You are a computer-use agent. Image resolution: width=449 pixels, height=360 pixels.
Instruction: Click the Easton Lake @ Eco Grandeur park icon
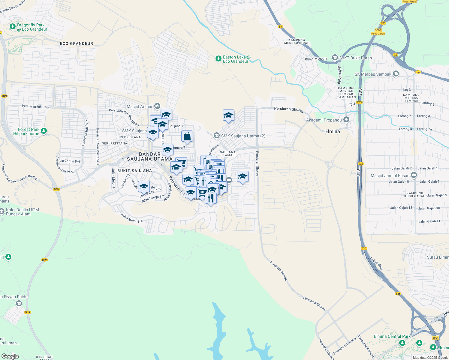pyautogui.click(x=218, y=59)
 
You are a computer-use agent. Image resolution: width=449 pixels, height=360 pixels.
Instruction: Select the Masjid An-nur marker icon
pyautogui.click(x=157, y=106)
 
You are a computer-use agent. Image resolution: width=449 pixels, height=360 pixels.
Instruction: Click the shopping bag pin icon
pyautogui.click(x=187, y=136)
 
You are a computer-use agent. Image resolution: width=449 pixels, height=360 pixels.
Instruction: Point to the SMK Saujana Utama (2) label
pyautogui.click(x=243, y=136)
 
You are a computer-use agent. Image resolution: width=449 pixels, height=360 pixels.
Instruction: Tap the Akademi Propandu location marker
pyautogui.click(x=346, y=120)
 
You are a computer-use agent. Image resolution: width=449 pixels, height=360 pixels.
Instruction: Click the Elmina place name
pyautogui.click(x=333, y=131)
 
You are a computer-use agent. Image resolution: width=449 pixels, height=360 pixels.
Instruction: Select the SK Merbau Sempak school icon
pyautogui.click(x=396, y=74)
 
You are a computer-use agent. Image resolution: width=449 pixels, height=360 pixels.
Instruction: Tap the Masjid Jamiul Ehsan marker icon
pyautogui.click(x=414, y=175)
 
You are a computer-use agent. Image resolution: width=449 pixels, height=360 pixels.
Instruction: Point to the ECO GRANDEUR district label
pyautogui.click(x=77, y=43)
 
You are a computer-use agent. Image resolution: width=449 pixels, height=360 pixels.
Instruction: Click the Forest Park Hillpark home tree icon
pyautogui.click(x=44, y=131)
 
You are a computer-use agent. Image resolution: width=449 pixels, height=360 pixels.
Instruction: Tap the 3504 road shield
pyautogui.click(x=435, y=338)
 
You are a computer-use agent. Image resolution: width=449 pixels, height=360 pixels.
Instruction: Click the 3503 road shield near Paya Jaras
pyautogui.click(x=378, y=30)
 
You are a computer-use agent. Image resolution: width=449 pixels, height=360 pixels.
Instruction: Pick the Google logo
pyautogui.click(x=10, y=356)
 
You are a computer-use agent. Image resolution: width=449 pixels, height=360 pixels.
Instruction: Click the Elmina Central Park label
pyautogui.click(x=392, y=337)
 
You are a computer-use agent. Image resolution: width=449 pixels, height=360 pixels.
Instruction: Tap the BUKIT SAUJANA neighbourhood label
pyautogui.click(x=134, y=171)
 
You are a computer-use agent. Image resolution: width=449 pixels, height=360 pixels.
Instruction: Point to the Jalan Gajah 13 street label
pyautogui.click(x=401, y=208)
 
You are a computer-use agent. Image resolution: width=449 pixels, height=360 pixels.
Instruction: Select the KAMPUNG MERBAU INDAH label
pyautogui.click(x=297, y=41)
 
